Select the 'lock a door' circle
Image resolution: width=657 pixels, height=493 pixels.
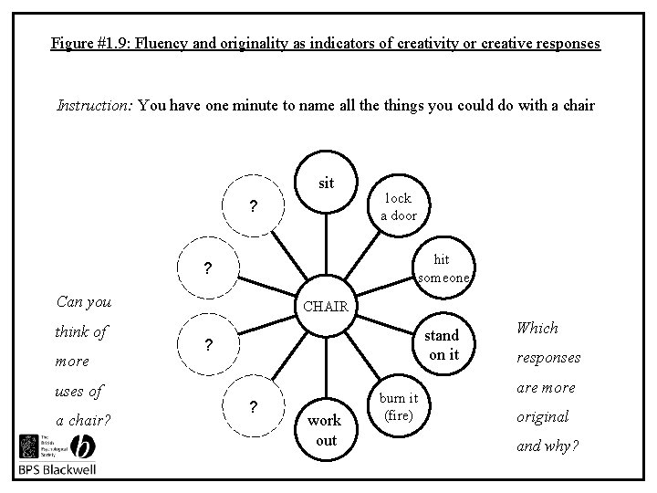[x=398, y=206]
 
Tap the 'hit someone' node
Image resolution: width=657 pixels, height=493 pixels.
[x=442, y=268]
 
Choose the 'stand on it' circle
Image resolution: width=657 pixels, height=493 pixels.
[x=444, y=346]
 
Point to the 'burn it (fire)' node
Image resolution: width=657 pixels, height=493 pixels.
[x=399, y=406]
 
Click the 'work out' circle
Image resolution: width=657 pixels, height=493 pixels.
[x=326, y=430]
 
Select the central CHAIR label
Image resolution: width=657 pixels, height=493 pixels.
[x=326, y=306]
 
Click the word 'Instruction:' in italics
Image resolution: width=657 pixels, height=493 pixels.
[x=95, y=105]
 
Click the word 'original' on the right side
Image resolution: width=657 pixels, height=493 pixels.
[x=543, y=416]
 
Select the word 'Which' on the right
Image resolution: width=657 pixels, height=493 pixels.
[x=537, y=328]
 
